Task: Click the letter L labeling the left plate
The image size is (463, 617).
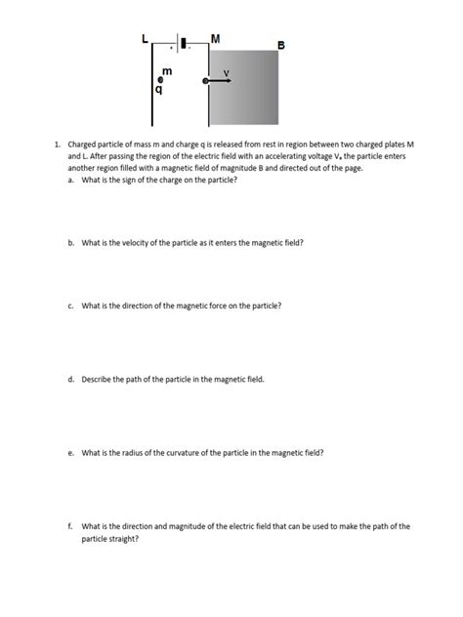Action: coord(145,39)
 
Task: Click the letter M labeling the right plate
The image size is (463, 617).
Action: coord(215,38)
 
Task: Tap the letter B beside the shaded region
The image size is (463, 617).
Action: coord(281,45)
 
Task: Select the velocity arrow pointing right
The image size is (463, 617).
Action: coord(220,82)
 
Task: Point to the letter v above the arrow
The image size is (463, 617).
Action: coord(226,72)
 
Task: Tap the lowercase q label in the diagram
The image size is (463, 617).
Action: coord(159,91)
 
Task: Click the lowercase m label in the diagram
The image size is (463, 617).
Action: coord(166,71)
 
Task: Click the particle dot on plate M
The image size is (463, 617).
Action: coord(205,82)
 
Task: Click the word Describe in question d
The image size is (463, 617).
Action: coord(99,379)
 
